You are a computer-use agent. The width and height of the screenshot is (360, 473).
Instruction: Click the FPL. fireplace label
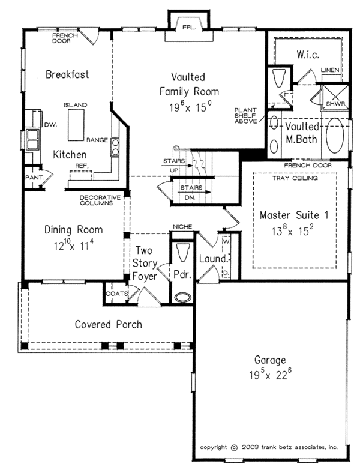(190, 28)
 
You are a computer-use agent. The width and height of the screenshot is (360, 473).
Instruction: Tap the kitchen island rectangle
(76, 125)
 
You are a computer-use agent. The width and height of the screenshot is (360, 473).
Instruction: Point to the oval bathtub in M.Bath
(335, 135)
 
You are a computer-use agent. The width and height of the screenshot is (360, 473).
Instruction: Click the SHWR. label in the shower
(336, 104)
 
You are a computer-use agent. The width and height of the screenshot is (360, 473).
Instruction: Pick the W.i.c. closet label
(308, 55)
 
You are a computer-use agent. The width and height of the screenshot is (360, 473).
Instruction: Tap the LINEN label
(330, 70)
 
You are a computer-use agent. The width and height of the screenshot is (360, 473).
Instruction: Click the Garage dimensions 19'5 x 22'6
(270, 375)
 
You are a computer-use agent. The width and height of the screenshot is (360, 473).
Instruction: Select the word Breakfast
(67, 74)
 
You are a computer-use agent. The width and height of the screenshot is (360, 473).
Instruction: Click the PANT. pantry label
(34, 178)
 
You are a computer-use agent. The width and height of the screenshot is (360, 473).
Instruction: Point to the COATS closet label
(116, 294)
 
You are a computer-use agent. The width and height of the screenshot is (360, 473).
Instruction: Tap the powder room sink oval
(182, 297)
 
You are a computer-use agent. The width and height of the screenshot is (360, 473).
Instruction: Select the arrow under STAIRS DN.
(195, 192)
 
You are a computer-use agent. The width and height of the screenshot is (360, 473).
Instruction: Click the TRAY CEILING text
(295, 178)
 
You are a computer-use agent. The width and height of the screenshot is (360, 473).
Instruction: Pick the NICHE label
(182, 226)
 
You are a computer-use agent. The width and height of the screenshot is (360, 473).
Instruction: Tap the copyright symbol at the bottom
(234, 448)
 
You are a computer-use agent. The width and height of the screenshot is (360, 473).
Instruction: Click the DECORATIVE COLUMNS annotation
(100, 200)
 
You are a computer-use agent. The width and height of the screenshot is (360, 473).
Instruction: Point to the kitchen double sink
(32, 140)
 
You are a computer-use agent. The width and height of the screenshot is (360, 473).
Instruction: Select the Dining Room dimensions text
(74, 245)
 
